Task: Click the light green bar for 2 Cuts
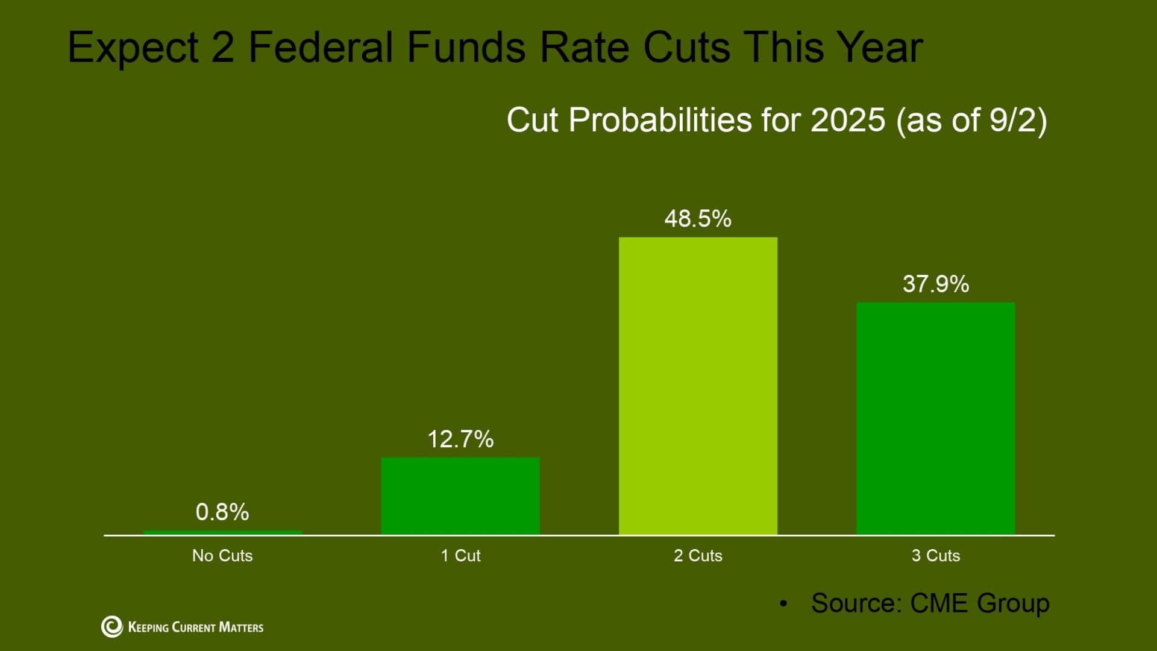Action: click(x=698, y=386)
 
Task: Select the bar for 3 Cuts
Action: click(x=935, y=418)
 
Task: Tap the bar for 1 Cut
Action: click(x=460, y=495)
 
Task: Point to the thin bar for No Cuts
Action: click(x=222, y=532)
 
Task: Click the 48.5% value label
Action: click(x=698, y=219)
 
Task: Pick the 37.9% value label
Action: click(x=935, y=284)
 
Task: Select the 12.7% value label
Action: click(x=460, y=439)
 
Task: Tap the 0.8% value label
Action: click(x=222, y=512)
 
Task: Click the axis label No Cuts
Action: click(x=222, y=556)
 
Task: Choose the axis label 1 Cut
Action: click(x=460, y=556)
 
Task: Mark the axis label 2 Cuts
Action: click(x=698, y=556)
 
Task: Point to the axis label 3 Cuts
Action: click(x=935, y=556)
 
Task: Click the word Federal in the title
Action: click(x=321, y=47)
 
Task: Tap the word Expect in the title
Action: click(x=133, y=48)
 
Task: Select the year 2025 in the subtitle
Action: click(x=848, y=120)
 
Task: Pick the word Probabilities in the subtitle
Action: click(x=660, y=120)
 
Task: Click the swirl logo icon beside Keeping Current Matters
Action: click(x=111, y=627)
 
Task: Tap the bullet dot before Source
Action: click(x=783, y=603)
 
